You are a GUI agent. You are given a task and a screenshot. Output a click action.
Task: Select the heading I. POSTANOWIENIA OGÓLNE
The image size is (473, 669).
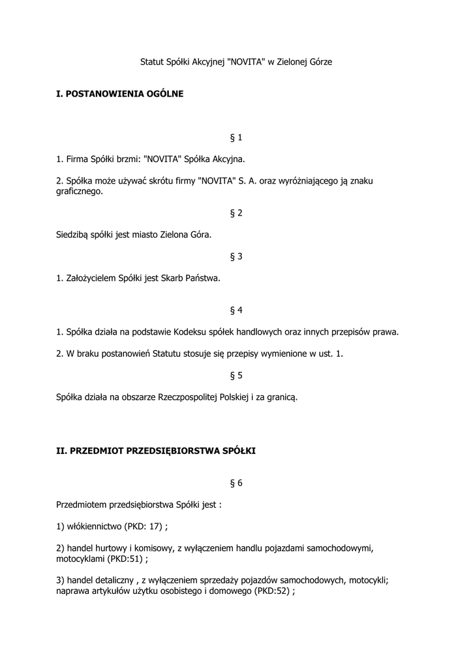[x=120, y=94]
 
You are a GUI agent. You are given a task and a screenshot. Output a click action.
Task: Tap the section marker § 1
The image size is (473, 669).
[x=236, y=138]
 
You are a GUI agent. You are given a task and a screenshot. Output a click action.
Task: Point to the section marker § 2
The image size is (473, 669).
[x=236, y=213]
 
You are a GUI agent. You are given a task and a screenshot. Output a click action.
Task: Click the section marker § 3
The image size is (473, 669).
[x=236, y=257]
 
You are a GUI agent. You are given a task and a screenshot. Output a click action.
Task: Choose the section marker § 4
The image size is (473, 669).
[x=236, y=310]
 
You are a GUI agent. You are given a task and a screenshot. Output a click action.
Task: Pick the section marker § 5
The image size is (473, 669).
[x=236, y=376]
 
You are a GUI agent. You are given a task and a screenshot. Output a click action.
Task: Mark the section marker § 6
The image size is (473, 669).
[x=236, y=483]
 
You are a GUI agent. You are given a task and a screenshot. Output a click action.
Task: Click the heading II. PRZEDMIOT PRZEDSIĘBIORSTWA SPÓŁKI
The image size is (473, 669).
[x=157, y=451]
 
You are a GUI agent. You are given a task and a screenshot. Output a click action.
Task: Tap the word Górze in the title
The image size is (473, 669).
[x=318, y=62]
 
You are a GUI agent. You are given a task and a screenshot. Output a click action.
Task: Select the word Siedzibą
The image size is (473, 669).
[x=74, y=235]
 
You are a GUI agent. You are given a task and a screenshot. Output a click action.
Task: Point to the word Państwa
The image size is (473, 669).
[x=204, y=278]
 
